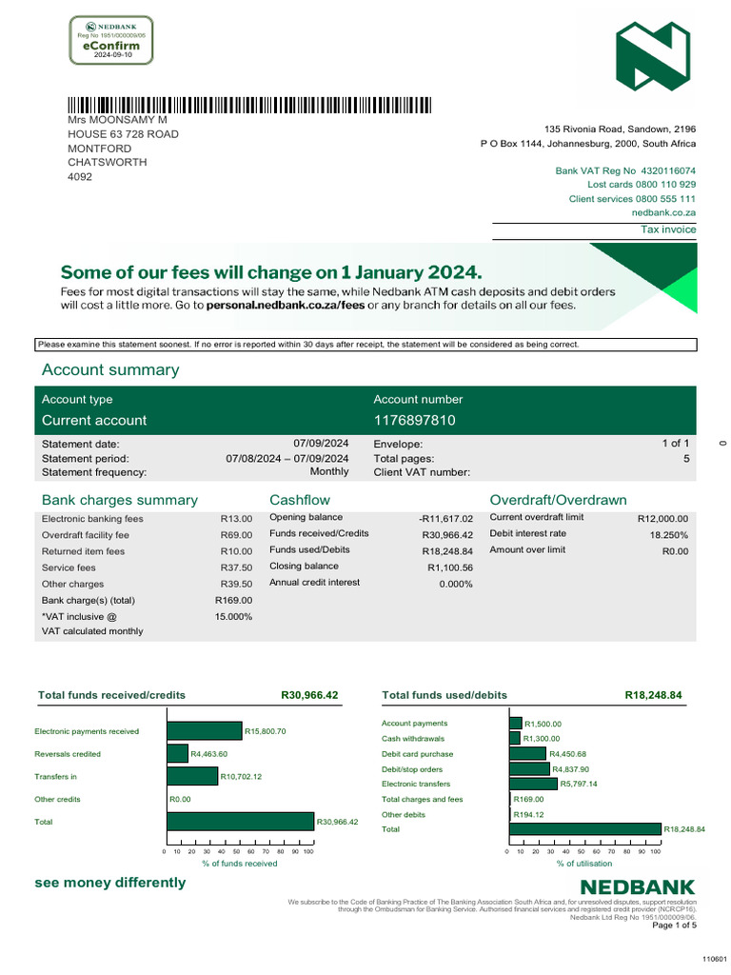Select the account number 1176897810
(x=414, y=420)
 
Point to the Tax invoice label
(x=668, y=229)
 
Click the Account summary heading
(x=110, y=369)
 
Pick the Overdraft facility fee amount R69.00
(x=236, y=535)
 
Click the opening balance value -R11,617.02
(x=445, y=518)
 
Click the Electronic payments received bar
(x=205, y=731)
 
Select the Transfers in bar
(x=192, y=777)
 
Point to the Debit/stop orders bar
(x=529, y=768)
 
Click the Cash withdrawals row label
(x=412, y=739)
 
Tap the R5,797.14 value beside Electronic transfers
(x=579, y=784)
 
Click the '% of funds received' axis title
(x=239, y=863)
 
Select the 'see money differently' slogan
(x=110, y=883)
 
